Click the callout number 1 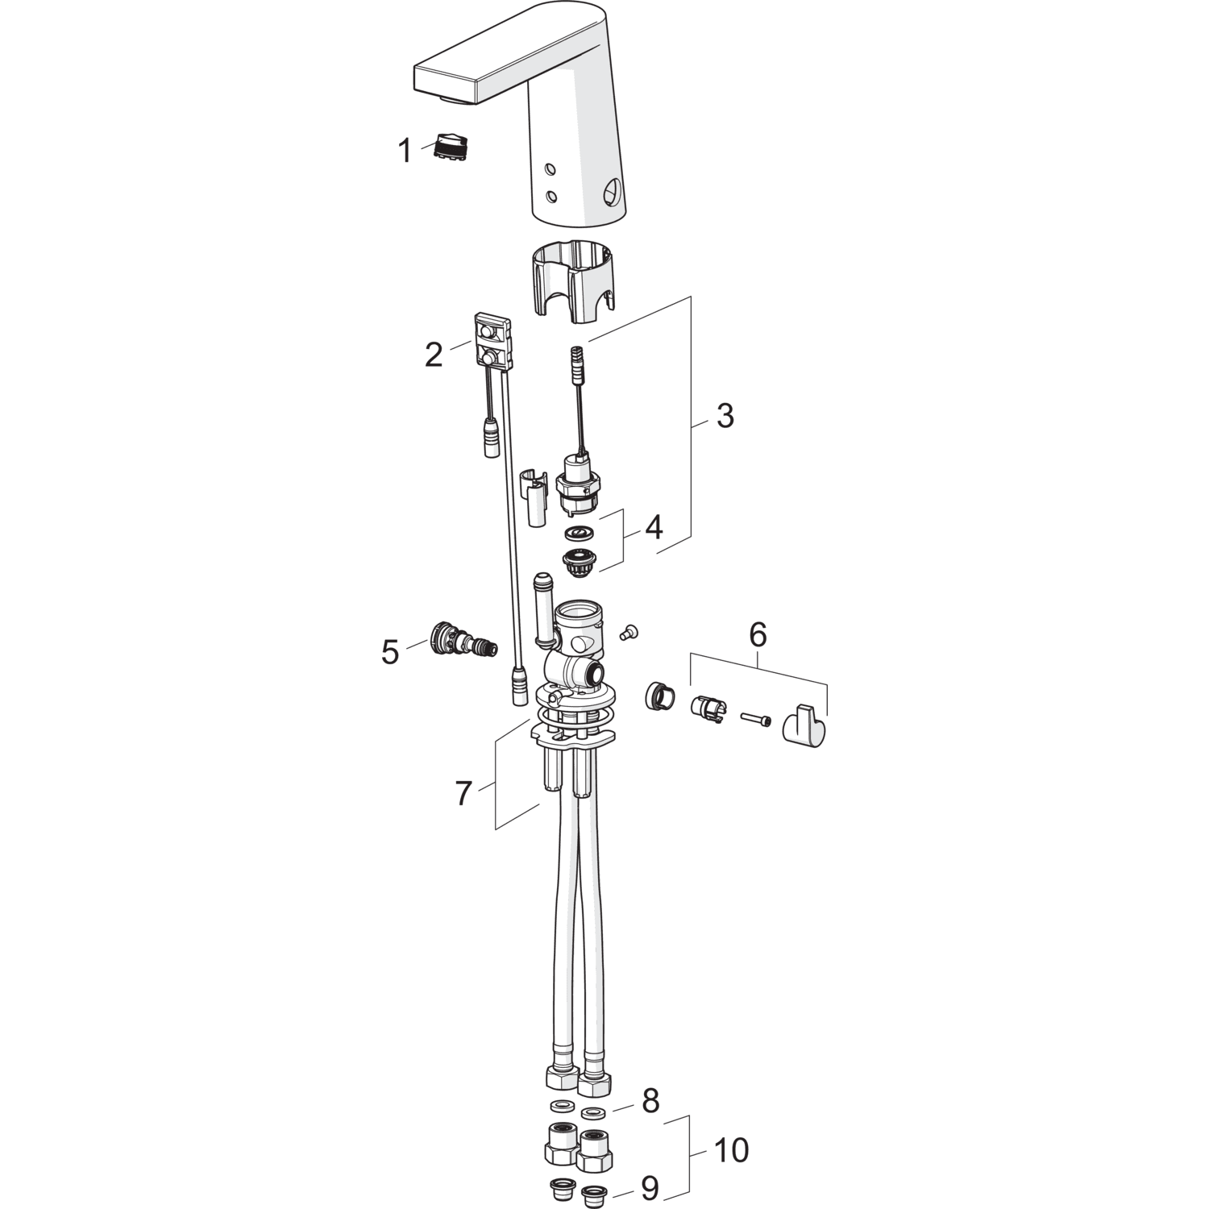(x=405, y=151)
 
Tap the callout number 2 (x=434, y=355)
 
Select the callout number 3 (x=725, y=416)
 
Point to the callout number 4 (x=654, y=527)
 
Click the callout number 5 (x=391, y=652)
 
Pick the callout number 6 (x=758, y=634)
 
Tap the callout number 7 (x=463, y=793)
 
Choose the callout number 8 (x=650, y=1101)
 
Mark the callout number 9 (x=650, y=1187)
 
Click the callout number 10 (x=731, y=1150)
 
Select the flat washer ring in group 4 (x=580, y=532)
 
